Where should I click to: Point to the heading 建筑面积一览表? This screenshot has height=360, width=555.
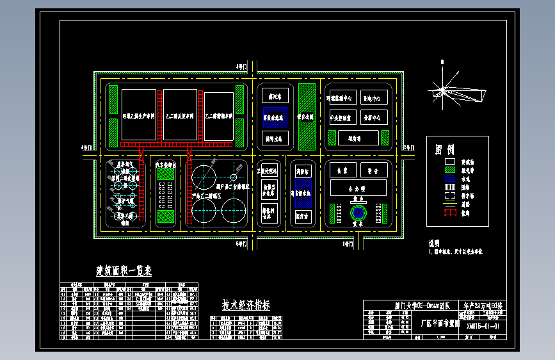pyautogui.click(x=124, y=271)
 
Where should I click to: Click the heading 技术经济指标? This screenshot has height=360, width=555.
pyautogui.click(x=246, y=306)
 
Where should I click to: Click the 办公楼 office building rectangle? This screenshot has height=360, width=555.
pyautogui.click(x=358, y=189)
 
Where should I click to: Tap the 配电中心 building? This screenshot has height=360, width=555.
pyautogui.click(x=375, y=99)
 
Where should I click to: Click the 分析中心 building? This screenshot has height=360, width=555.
pyautogui.click(x=375, y=118)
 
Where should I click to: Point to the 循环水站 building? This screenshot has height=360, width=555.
pyautogui.click(x=276, y=138)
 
